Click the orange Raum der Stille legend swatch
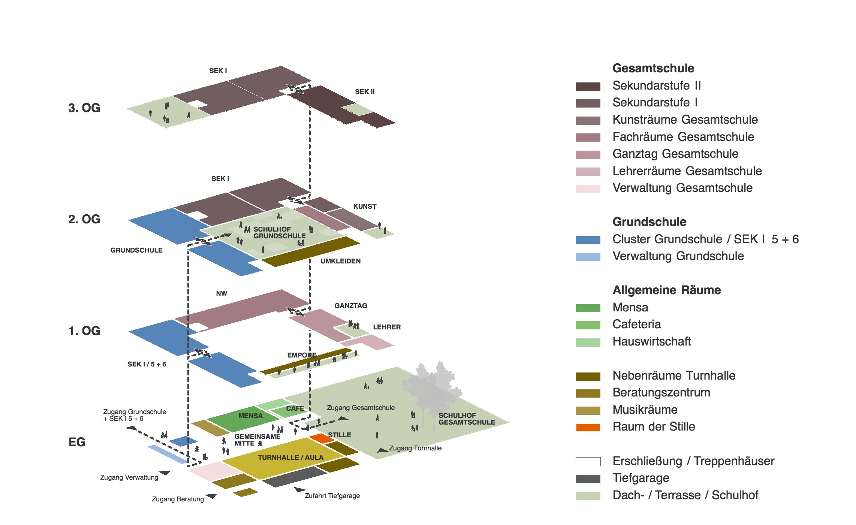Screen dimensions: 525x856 (x=588, y=427)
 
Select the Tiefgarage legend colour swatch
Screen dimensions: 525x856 (x=588, y=479)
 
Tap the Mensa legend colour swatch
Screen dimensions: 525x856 (x=588, y=308)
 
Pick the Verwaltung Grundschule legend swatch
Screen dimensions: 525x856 (x=588, y=257)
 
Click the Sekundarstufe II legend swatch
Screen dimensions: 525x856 (x=588, y=86)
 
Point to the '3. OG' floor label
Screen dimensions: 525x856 (x=84, y=108)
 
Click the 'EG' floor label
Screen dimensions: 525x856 (x=77, y=442)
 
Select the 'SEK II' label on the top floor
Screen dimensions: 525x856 (x=364, y=92)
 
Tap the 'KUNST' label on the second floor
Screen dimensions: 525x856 (x=364, y=206)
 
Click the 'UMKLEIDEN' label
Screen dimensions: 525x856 (x=340, y=261)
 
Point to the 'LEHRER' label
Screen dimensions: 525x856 (x=386, y=327)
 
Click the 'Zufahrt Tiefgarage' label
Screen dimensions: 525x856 (x=332, y=496)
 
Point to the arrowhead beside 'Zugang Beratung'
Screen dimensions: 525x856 (x=211, y=497)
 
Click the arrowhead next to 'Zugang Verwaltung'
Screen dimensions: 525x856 (x=165, y=473)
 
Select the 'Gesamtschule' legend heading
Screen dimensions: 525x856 (x=653, y=68)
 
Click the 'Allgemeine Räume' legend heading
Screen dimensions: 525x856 (x=666, y=290)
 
